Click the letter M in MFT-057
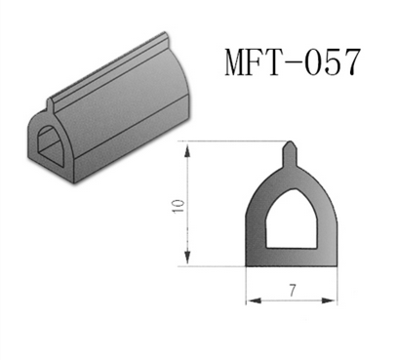pos(238,61)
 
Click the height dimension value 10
pos(178,206)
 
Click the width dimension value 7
pos(293,290)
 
